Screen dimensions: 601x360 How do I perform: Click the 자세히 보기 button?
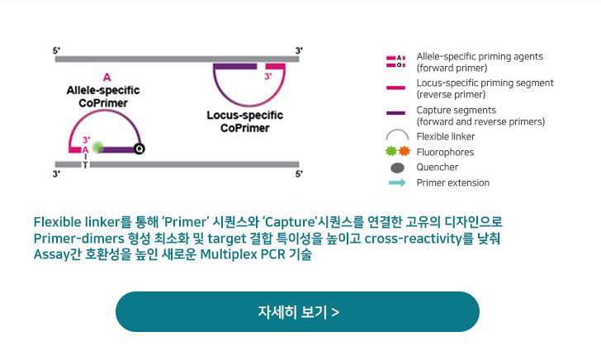297,311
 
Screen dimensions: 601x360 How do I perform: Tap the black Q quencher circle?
140,149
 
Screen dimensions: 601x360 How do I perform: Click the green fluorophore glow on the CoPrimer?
98,147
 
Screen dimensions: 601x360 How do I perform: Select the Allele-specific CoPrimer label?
103,97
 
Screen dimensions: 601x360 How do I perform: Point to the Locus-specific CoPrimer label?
245,121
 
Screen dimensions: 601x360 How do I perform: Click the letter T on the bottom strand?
85,165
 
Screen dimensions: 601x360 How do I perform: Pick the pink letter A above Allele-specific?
107,78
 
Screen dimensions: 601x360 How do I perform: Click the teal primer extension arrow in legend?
397,182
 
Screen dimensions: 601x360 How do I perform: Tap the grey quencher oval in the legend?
397,168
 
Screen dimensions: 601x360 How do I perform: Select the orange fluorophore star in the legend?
405,151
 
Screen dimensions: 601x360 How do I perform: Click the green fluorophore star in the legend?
391,151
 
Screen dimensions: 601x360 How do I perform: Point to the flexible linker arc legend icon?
397,131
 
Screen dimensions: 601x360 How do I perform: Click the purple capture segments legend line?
396,113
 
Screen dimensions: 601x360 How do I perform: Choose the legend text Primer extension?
452,182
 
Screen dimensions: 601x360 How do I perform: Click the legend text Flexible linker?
446,136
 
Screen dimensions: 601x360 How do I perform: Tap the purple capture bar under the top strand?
235,66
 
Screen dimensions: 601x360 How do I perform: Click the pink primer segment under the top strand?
275,66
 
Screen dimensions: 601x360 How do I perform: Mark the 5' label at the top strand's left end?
56,50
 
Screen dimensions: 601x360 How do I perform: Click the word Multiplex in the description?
229,254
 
